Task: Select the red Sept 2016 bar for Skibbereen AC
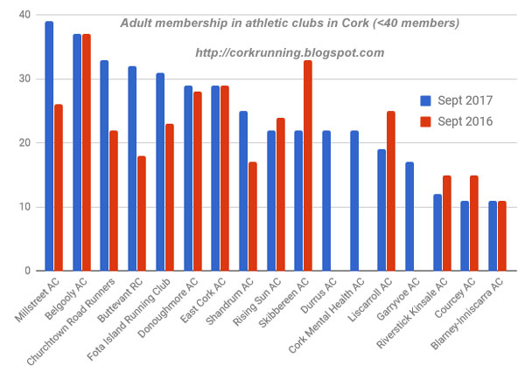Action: tap(308, 165)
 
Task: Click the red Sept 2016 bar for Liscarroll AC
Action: tap(391, 190)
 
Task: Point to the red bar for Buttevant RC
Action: tap(141, 213)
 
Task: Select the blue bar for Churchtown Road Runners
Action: tap(104, 165)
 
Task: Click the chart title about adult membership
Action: tap(289, 22)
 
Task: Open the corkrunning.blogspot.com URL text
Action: tap(290, 53)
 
